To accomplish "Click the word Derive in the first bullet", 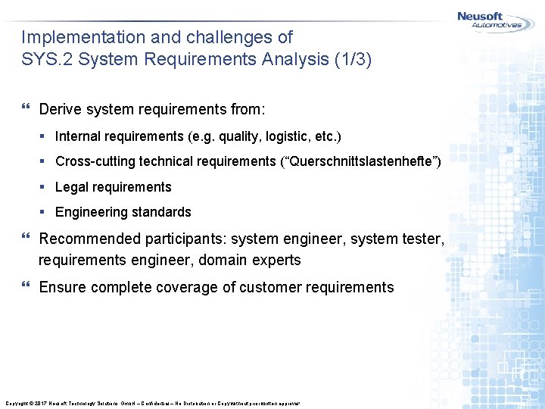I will (x=61, y=110).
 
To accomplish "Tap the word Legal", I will (x=72, y=187).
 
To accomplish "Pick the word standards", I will (x=163, y=212).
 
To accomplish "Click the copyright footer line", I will (x=152, y=403).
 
